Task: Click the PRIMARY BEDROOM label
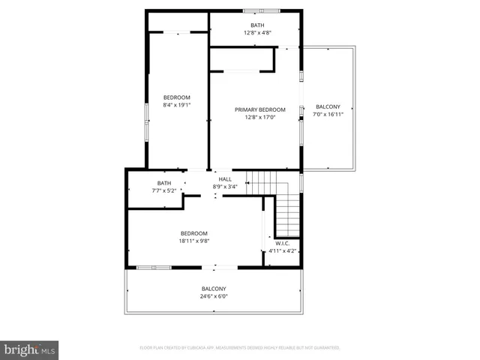[x=255, y=110]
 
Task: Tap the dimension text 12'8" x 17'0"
[x=255, y=117]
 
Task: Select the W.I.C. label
[x=283, y=244]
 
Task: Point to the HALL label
[x=225, y=179]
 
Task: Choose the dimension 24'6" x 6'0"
[x=214, y=296]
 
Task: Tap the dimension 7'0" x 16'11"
[x=328, y=114]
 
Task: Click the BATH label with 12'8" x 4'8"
[x=257, y=25]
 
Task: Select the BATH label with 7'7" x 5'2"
[x=164, y=184]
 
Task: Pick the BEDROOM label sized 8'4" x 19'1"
[x=177, y=97]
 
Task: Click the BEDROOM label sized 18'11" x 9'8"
[x=193, y=234]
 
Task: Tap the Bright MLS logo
[x=30, y=349]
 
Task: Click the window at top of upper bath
[x=262, y=10]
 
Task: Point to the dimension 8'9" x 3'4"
[x=225, y=186]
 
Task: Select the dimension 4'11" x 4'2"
[x=283, y=250]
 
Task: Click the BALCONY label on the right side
[x=328, y=106]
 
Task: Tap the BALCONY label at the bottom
[x=214, y=289]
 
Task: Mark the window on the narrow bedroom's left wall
[x=146, y=112]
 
